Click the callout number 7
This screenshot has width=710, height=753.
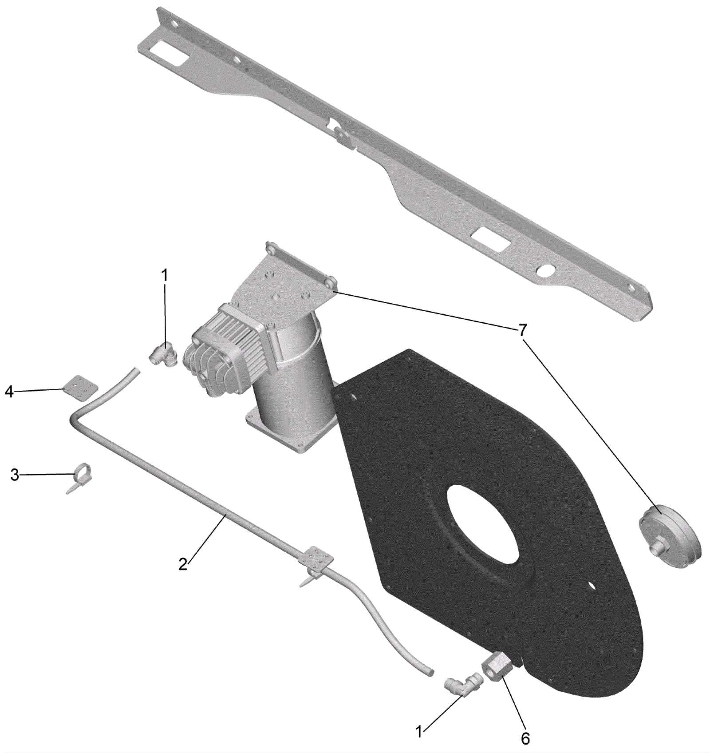point(523,330)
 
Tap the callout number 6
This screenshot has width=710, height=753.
point(525,738)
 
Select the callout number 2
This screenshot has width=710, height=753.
point(183,564)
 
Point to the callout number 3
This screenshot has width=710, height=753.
point(15,475)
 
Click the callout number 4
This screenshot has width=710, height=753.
point(9,392)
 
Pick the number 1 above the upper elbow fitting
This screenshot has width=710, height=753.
point(165,275)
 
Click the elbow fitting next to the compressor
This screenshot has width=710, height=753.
point(162,355)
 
